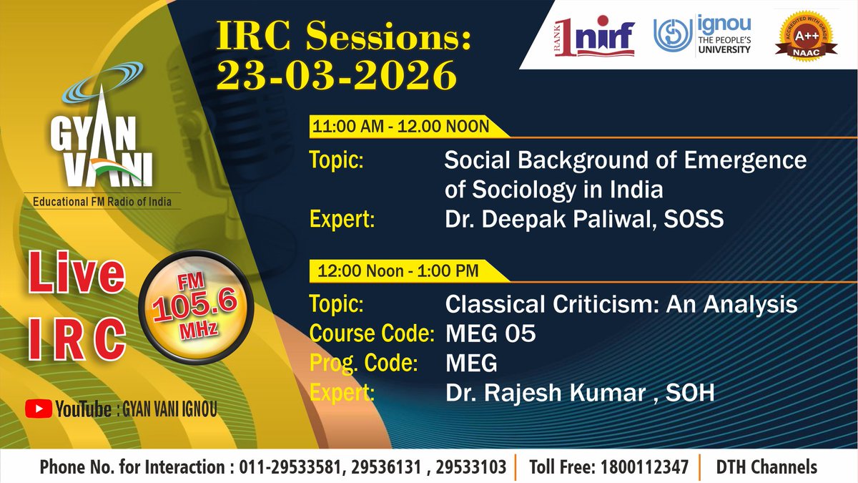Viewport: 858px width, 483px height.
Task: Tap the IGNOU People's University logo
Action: point(702,36)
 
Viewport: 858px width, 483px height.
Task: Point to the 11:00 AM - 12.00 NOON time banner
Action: point(400,127)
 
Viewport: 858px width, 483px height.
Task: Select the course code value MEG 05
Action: point(490,334)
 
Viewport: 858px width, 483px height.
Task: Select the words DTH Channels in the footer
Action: point(766,468)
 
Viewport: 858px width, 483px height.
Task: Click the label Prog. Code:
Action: point(363,364)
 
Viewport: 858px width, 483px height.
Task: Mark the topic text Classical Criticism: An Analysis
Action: point(621,305)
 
